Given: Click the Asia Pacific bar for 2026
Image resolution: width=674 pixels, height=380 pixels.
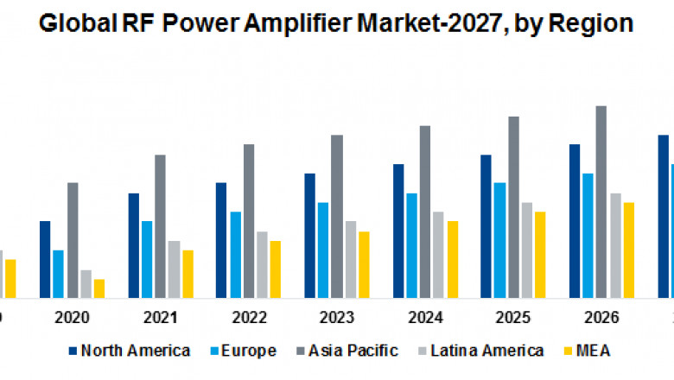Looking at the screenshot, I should click(601, 202).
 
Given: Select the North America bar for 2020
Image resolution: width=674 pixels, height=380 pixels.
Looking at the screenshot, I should click(45, 259).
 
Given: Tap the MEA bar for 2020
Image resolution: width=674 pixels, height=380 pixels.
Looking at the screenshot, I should click(99, 288).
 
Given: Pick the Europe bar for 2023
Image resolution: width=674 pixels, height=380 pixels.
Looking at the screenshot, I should click(323, 250).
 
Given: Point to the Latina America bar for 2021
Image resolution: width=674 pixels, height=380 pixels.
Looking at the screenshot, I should click(174, 269).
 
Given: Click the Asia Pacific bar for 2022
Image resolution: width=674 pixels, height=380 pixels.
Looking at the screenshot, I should click(249, 221).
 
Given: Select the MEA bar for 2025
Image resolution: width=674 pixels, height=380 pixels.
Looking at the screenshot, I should click(540, 255).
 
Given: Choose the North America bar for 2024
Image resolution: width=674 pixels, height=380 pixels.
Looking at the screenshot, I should click(398, 231).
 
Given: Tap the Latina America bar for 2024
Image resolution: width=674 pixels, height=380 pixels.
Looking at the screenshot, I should click(438, 255).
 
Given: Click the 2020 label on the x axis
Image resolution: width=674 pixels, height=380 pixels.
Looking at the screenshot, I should click(72, 318).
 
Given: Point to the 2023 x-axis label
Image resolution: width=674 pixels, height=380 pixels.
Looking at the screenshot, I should click(336, 318).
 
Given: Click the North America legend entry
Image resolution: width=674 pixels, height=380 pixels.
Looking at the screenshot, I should click(129, 351).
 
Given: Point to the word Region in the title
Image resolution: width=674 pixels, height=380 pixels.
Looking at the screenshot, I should click(597, 25).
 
